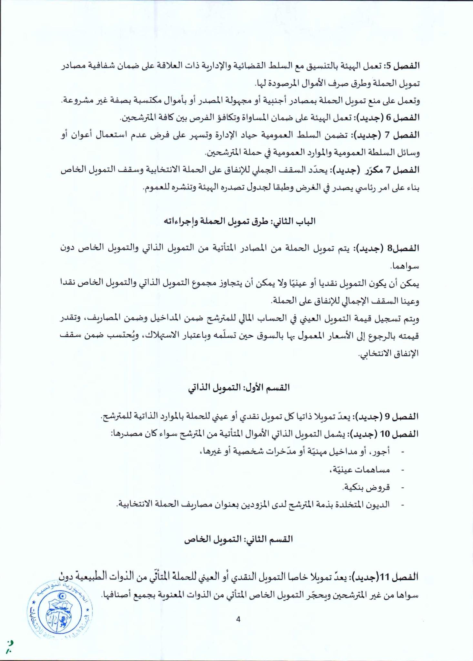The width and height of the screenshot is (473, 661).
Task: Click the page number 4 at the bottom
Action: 238,619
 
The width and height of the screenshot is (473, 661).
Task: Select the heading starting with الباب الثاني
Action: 239,221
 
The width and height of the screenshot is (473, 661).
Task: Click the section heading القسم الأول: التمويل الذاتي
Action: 239,388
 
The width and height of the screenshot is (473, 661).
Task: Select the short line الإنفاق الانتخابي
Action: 388,354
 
